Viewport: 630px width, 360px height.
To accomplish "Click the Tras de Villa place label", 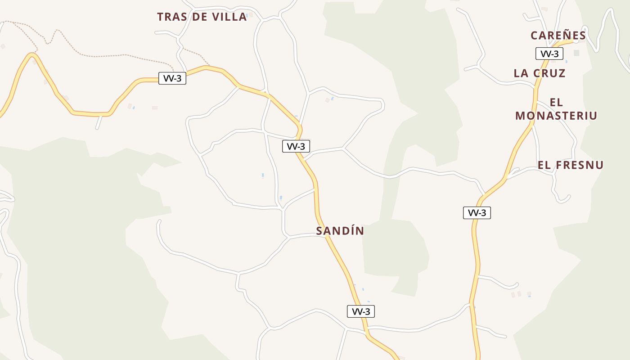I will [x=202, y=17].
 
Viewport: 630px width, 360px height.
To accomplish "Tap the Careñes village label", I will [x=558, y=36].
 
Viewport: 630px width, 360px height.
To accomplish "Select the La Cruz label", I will [x=539, y=73].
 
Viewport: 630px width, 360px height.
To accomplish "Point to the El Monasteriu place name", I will [x=556, y=109].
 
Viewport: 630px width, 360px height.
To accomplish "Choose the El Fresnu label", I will [x=571, y=165].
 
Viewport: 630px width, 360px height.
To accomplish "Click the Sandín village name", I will [x=340, y=231].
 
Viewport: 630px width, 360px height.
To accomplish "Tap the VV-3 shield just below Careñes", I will [x=549, y=54].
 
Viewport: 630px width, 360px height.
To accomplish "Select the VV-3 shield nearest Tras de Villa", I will [x=172, y=78].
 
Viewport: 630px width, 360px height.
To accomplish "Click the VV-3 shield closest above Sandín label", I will [x=296, y=146].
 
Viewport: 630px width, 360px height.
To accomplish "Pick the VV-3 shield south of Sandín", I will [x=360, y=311].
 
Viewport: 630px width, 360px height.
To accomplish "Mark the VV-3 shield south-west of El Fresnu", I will [x=477, y=213].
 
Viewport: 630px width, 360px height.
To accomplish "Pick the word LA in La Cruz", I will [x=521, y=73].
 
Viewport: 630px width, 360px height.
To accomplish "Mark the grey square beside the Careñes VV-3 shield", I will [x=576, y=53].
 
